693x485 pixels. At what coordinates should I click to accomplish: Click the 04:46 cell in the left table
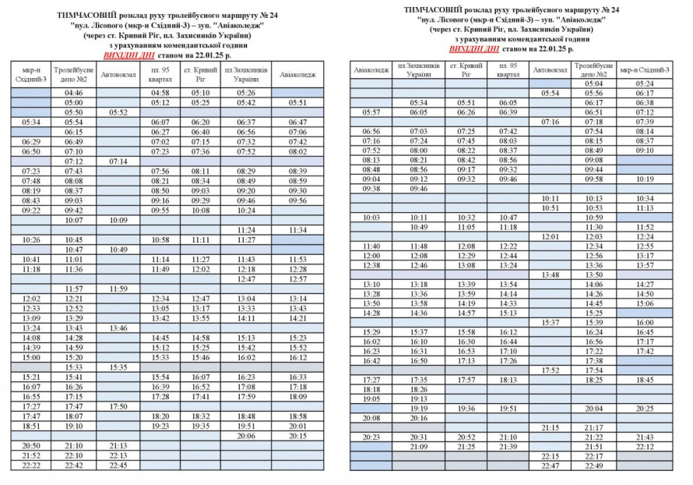point(74,93)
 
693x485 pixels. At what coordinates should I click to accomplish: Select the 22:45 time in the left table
point(118,466)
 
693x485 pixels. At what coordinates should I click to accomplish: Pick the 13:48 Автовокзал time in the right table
point(551,274)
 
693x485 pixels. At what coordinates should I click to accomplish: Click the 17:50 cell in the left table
point(118,406)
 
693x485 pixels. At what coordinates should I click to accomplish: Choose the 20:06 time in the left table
point(245,436)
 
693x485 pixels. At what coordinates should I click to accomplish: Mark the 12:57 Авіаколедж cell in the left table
point(297,278)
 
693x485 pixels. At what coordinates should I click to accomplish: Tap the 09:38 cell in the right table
point(371,188)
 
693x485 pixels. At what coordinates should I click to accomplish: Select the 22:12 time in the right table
point(645,447)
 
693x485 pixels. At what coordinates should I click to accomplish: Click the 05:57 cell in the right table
point(371,112)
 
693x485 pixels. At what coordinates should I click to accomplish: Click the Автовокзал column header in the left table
point(118,75)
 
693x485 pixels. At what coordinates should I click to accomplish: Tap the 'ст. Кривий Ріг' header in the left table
point(201,75)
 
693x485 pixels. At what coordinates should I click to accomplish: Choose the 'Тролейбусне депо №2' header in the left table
point(74,75)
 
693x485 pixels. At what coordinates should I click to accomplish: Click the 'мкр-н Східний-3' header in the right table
point(645,71)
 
